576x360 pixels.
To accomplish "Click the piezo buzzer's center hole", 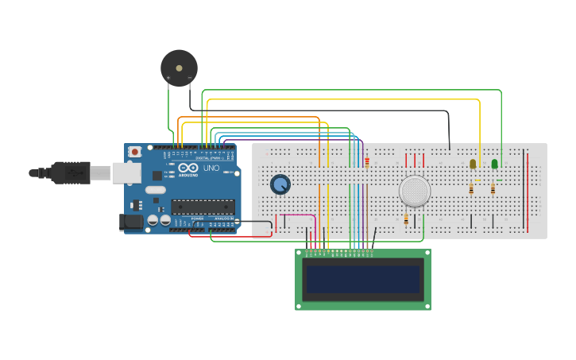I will click(x=179, y=68).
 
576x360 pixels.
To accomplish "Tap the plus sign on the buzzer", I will click(x=168, y=77).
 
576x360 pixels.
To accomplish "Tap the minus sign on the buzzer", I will click(x=189, y=77).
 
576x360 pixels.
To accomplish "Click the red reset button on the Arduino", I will click(x=135, y=151).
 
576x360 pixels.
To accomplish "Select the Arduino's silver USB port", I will click(x=126, y=172).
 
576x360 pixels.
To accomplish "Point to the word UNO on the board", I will click(x=211, y=168).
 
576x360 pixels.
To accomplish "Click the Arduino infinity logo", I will click(x=188, y=168).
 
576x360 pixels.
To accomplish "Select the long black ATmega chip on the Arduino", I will click(x=203, y=207).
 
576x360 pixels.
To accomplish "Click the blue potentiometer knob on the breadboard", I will click(x=280, y=184).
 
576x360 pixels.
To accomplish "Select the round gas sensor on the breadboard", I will click(x=414, y=191).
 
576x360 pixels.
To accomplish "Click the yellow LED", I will click(x=473, y=164).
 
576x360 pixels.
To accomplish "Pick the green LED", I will click(x=494, y=164).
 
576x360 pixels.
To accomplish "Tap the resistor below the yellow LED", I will click(x=471, y=189).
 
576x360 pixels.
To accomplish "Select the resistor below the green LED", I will click(x=493, y=189).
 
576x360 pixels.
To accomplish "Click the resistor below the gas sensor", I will click(x=406, y=219).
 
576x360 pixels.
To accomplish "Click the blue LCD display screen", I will click(x=363, y=279).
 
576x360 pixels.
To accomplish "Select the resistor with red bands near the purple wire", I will click(x=367, y=162).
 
